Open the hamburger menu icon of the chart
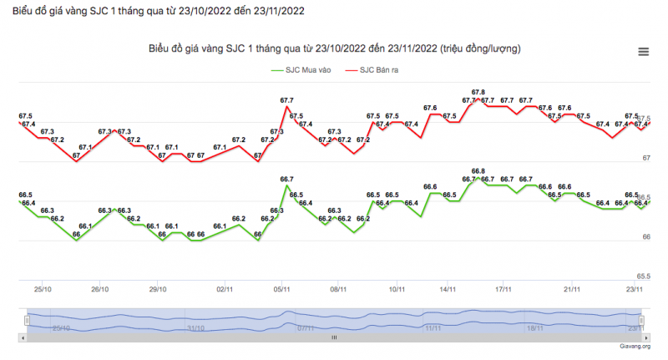coord(643,52)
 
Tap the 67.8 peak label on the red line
coord(478,92)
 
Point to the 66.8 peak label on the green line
coord(478,171)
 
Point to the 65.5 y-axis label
coord(643,276)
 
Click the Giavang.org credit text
coord(635,345)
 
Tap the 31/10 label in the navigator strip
coord(196,328)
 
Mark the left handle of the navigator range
coord(28,320)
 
